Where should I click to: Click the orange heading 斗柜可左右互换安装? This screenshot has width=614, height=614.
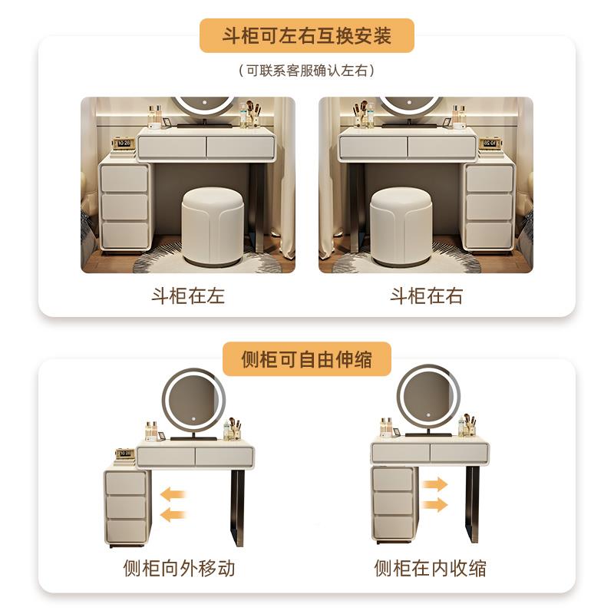306,36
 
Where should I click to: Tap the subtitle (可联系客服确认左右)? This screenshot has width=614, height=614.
306,71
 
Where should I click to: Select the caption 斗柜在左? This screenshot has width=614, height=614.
188,295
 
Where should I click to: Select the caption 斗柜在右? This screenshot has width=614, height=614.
426,295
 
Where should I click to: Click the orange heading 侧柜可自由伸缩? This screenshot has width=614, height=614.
306,358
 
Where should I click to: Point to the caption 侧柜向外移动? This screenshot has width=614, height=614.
179,568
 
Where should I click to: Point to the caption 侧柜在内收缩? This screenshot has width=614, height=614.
430,568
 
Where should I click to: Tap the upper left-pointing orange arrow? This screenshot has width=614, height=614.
174,493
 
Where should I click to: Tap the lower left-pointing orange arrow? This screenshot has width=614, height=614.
174,514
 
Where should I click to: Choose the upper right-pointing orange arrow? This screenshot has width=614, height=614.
434,484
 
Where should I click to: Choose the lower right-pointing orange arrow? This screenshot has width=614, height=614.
434,504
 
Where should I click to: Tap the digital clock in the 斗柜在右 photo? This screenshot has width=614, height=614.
490,144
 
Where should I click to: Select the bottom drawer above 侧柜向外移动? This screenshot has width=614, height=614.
127,530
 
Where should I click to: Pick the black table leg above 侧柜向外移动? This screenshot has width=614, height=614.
239,507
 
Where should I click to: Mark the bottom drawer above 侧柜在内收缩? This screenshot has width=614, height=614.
393,527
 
